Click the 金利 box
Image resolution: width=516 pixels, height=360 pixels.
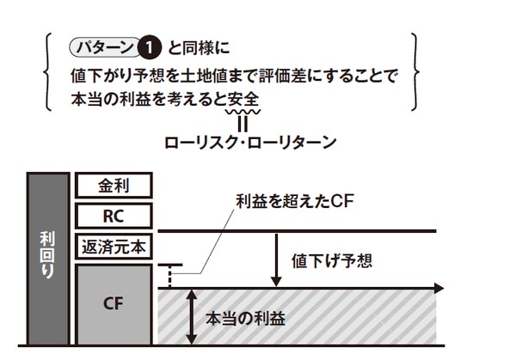click(x=114, y=186)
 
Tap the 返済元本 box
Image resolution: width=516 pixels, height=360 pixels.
click(x=114, y=246)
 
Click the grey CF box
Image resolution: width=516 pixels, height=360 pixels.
click(x=114, y=302)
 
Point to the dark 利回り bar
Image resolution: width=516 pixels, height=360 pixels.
click(x=47, y=258)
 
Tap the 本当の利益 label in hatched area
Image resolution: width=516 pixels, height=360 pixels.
click(x=245, y=317)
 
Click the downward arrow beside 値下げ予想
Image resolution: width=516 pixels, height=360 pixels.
click(x=276, y=258)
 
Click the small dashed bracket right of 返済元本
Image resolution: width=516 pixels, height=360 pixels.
click(x=173, y=274)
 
